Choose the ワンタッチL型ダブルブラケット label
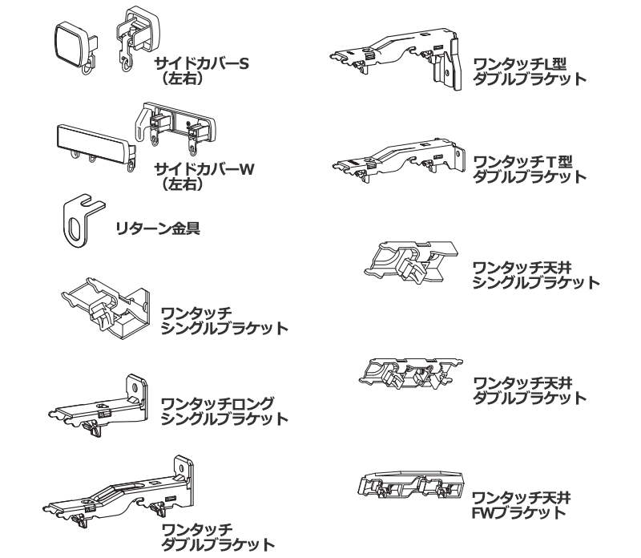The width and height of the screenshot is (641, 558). point(528,71)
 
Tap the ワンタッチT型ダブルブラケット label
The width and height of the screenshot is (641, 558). point(528,168)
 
